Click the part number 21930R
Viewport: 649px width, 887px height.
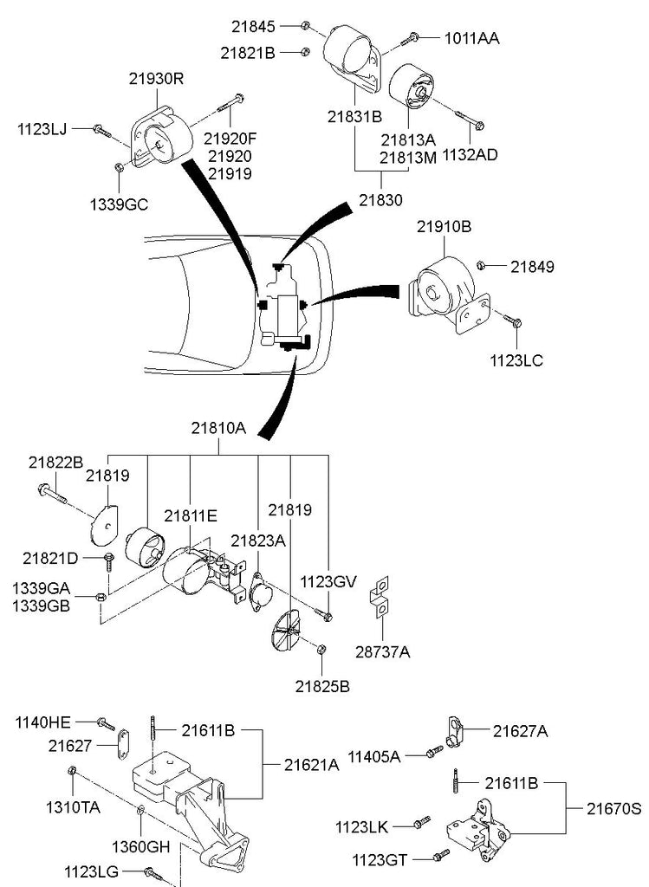pyautogui.click(x=157, y=77)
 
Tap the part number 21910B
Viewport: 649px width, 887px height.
pyautogui.click(x=444, y=228)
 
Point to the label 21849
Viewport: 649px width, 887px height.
pyautogui.click(x=532, y=266)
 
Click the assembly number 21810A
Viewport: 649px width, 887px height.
pyautogui.click(x=218, y=428)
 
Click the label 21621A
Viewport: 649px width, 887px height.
pyautogui.click(x=311, y=764)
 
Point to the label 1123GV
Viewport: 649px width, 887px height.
pyautogui.click(x=328, y=581)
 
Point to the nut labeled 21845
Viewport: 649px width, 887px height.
pyautogui.click(x=308, y=24)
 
